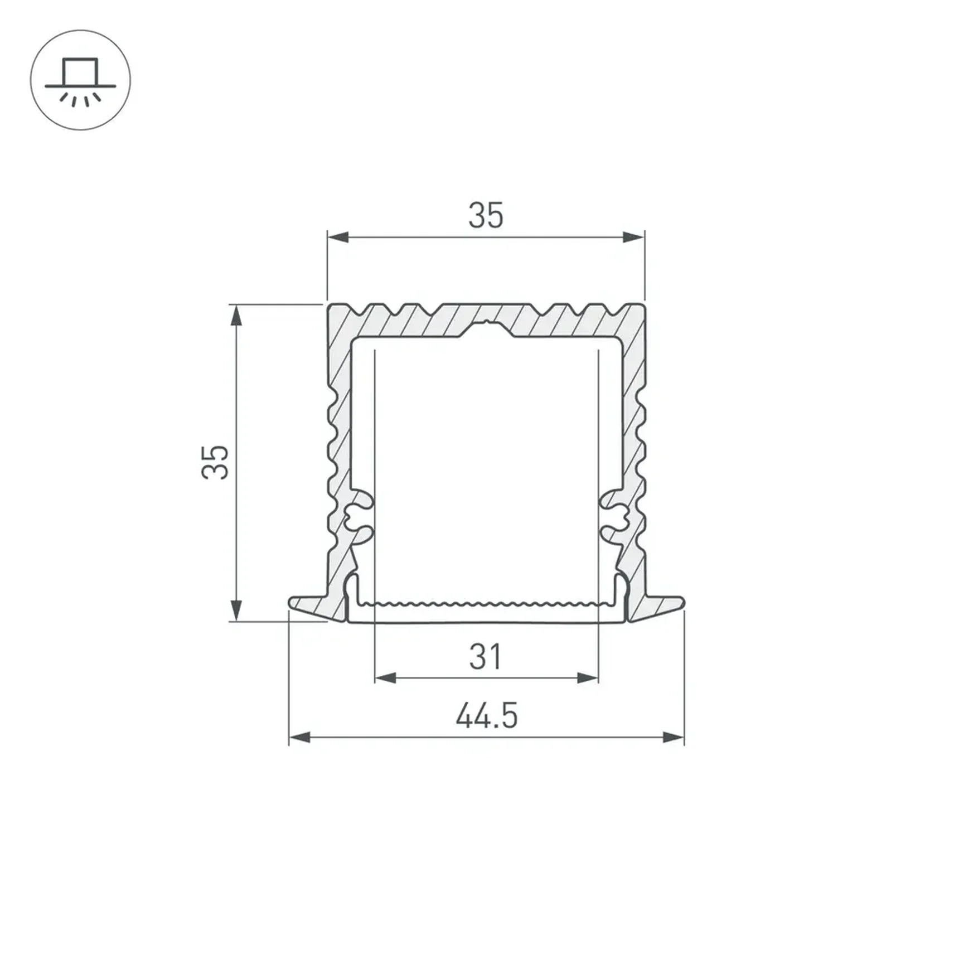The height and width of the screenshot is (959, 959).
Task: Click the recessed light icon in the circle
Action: click(80, 81)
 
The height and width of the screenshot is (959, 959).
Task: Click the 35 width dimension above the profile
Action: click(486, 216)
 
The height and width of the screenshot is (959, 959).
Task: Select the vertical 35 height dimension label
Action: click(215, 462)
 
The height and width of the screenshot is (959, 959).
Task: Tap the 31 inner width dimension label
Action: click(486, 657)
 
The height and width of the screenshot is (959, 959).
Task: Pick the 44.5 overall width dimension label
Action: click(487, 716)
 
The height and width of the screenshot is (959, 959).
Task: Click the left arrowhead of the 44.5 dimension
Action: click(299, 738)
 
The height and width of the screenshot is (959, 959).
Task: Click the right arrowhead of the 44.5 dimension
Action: click(673, 738)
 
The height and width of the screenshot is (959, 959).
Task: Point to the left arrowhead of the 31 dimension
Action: click(385, 678)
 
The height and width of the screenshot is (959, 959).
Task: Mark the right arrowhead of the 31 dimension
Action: click(587, 678)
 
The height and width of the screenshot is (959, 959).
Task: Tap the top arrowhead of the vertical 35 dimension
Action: click(236, 315)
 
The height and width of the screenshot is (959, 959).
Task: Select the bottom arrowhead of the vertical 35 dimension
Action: click(236, 611)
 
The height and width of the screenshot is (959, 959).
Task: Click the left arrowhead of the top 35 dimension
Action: click(338, 238)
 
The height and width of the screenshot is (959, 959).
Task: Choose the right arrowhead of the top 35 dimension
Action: click(633, 238)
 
